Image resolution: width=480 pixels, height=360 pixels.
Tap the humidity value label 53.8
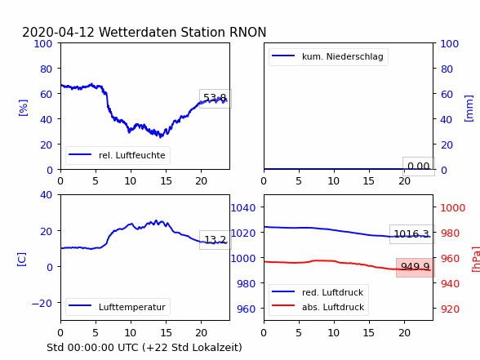[215, 98]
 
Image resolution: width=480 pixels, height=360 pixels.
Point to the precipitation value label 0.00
[419, 167]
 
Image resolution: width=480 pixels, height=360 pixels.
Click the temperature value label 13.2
[216, 240]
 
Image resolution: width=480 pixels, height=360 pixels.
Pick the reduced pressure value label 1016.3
[411, 234]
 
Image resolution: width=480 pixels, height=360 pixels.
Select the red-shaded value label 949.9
[415, 267]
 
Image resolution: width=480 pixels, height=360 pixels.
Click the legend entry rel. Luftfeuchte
[118, 155]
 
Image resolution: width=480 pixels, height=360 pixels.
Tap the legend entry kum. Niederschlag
[328, 56]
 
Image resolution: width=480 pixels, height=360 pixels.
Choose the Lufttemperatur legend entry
[118, 307]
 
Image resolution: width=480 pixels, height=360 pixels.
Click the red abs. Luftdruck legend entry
[318, 307]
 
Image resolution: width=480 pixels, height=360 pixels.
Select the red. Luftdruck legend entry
[318, 292]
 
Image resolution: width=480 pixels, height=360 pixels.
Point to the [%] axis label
[23, 108]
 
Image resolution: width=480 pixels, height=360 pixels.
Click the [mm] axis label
[469, 109]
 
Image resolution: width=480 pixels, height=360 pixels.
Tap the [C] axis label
[22, 260]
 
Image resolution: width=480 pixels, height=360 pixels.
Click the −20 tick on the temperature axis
[42, 304]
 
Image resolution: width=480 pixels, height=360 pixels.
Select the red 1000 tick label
[453, 208]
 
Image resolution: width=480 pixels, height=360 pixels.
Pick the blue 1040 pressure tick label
[243, 208]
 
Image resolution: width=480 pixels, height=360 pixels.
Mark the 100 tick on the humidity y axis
[42, 44]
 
